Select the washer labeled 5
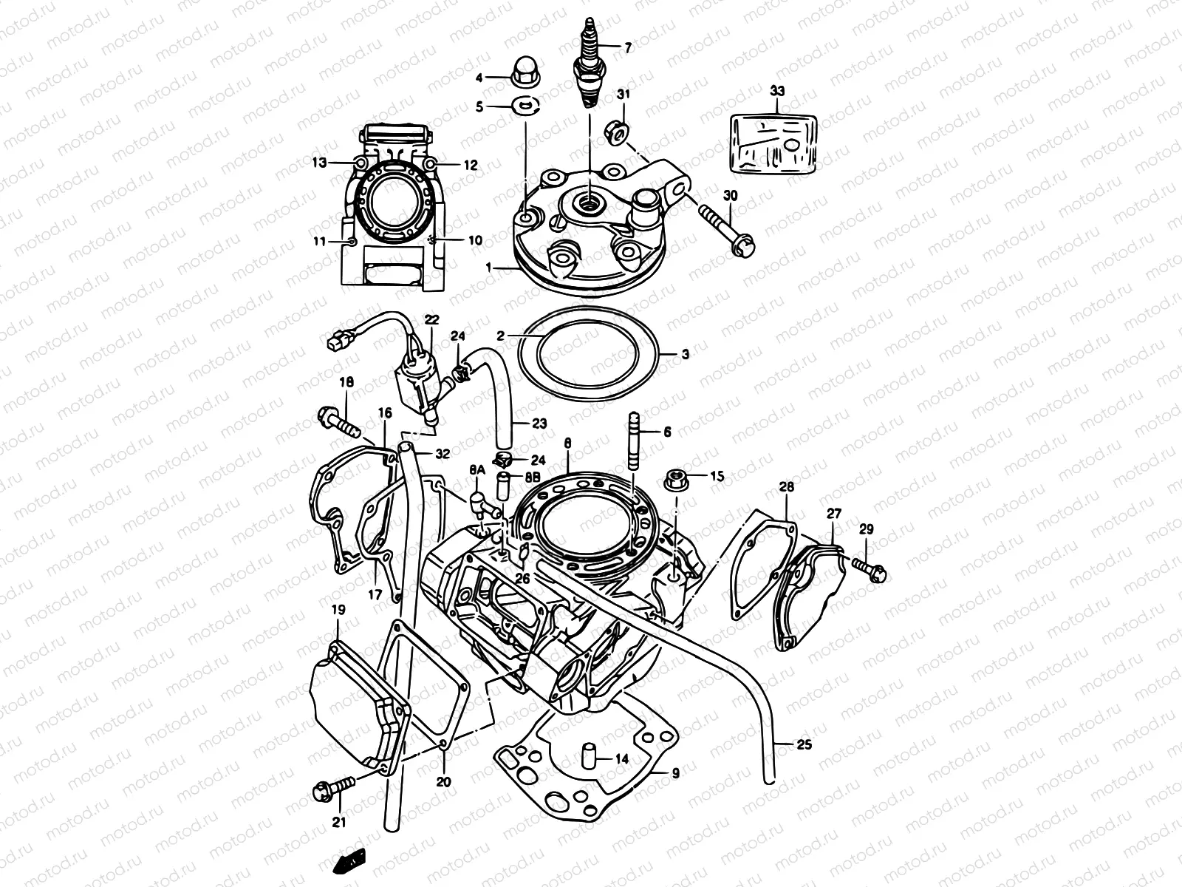tap(525, 106)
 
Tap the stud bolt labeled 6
tap(635, 441)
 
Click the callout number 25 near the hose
tap(804, 744)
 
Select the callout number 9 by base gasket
tap(674, 773)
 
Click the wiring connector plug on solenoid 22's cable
tap(338, 341)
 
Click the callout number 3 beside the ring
tap(685, 356)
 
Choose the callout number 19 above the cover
tap(338, 611)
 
